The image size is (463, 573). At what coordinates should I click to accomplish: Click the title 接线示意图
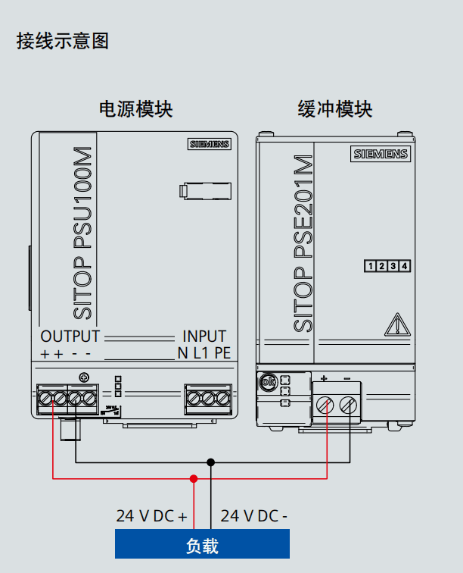click(63, 41)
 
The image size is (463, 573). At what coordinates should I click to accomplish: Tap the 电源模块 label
click(136, 109)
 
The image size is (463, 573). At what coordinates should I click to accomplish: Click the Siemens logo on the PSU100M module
click(210, 144)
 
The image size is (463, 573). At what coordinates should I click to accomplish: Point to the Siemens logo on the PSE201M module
click(381, 154)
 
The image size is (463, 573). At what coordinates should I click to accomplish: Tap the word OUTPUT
click(70, 337)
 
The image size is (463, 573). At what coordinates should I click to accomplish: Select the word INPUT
click(204, 337)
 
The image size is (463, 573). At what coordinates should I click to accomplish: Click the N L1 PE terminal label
click(204, 352)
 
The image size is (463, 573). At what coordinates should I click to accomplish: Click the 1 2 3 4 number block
click(387, 266)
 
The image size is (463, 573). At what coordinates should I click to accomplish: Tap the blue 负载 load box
click(202, 544)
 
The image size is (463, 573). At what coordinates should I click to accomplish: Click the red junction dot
click(194, 478)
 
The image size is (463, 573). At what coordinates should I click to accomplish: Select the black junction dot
click(211, 461)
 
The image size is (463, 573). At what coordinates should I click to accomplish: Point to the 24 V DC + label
click(151, 516)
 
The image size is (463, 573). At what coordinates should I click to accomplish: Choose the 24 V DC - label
click(253, 516)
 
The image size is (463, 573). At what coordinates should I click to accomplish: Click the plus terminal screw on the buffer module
click(325, 404)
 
